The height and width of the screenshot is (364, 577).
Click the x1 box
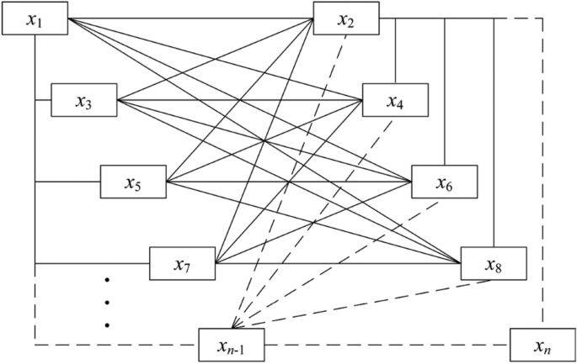tap(35, 19)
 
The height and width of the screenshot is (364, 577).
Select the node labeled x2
tap(345, 18)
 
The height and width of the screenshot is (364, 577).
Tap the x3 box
tap(83, 101)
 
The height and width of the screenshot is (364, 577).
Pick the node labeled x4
tap(395, 101)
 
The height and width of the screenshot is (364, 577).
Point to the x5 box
tap(133, 182)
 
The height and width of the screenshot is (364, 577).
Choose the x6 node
tap(444, 182)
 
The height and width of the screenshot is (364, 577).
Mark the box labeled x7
tap(182, 264)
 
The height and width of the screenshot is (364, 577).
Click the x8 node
tap(494, 264)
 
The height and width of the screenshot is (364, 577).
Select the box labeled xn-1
tap(232, 345)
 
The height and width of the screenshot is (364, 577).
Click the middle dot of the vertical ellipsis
tap(108, 302)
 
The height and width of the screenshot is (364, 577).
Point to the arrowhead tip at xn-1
tap(235, 327)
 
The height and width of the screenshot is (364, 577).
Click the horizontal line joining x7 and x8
tap(337, 264)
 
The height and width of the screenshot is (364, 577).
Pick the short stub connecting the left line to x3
tap(43, 101)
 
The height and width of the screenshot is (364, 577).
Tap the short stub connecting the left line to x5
tap(67, 182)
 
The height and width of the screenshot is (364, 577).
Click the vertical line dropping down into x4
tap(396, 50)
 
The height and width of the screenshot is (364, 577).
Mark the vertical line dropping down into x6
tap(445, 92)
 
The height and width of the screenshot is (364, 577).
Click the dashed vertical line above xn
tap(543, 168)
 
